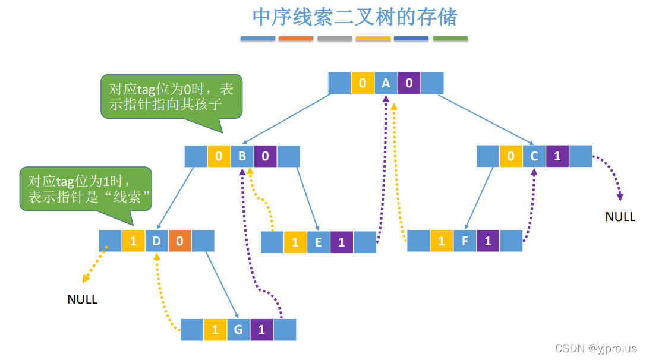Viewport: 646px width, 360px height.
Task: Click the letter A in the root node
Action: [386, 83]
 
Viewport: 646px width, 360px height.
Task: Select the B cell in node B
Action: [242, 156]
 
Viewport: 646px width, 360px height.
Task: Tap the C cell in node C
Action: [534, 156]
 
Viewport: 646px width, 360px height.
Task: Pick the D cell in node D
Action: [156, 241]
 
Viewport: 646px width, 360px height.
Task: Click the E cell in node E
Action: [318, 242]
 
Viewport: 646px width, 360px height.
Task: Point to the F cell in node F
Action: [464, 241]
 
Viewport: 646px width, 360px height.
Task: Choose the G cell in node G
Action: [238, 330]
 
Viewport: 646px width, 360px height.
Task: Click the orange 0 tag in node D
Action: [179, 241]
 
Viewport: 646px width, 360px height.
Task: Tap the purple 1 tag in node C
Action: [557, 156]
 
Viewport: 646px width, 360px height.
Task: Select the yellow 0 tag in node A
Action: [363, 83]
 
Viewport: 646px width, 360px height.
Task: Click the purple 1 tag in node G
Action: [261, 330]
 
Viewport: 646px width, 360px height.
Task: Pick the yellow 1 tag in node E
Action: [295, 242]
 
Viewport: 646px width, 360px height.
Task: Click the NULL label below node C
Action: [620, 217]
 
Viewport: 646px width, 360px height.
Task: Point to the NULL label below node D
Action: [82, 299]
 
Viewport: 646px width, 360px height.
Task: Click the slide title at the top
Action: [355, 17]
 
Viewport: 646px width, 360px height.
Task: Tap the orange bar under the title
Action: [295, 39]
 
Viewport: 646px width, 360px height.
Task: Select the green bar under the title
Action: [450, 39]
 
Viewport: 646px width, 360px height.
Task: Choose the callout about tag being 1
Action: [85, 189]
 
